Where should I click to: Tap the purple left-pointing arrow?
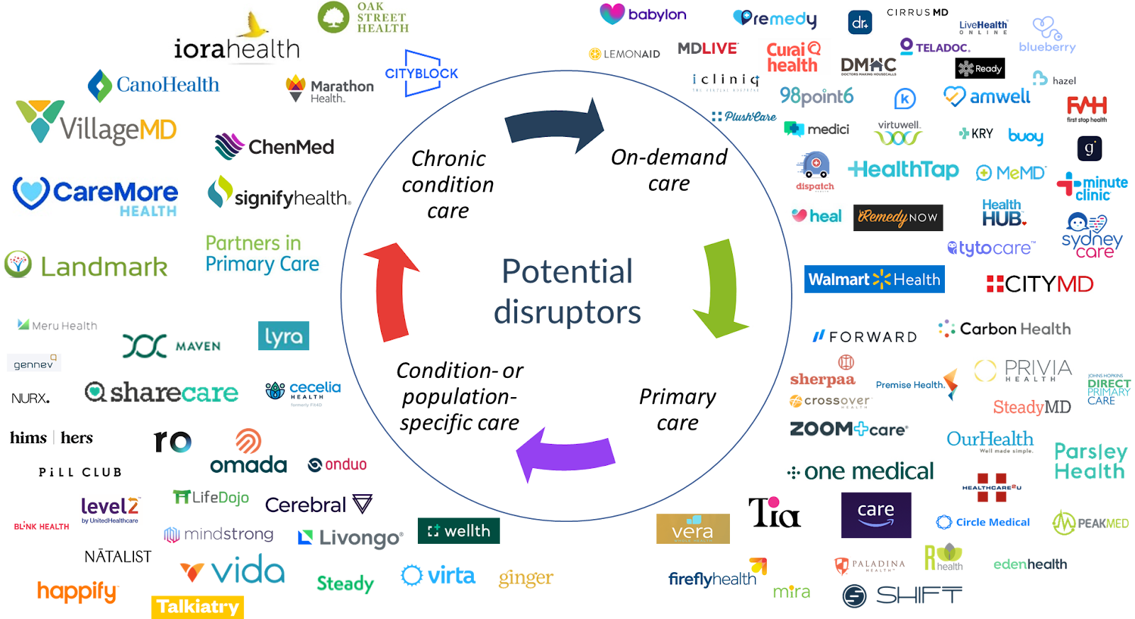click(564, 455)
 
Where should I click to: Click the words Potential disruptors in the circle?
click(567, 291)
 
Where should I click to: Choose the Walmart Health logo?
click(874, 279)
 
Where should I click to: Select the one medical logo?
click(860, 471)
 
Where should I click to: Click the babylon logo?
click(647, 15)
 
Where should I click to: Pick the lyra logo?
click(284, 336)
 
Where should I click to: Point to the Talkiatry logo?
click(197, 607)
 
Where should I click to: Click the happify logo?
click(77, 591)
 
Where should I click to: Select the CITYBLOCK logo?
click(421, 73)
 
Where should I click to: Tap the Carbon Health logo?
click(1004, 329)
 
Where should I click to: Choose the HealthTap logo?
click(904, 170)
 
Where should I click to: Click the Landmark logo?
click(87, 266)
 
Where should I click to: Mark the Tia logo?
click(774, 512)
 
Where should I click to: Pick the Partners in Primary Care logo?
click(266, 253)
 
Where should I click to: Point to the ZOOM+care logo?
click(848, 429)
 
